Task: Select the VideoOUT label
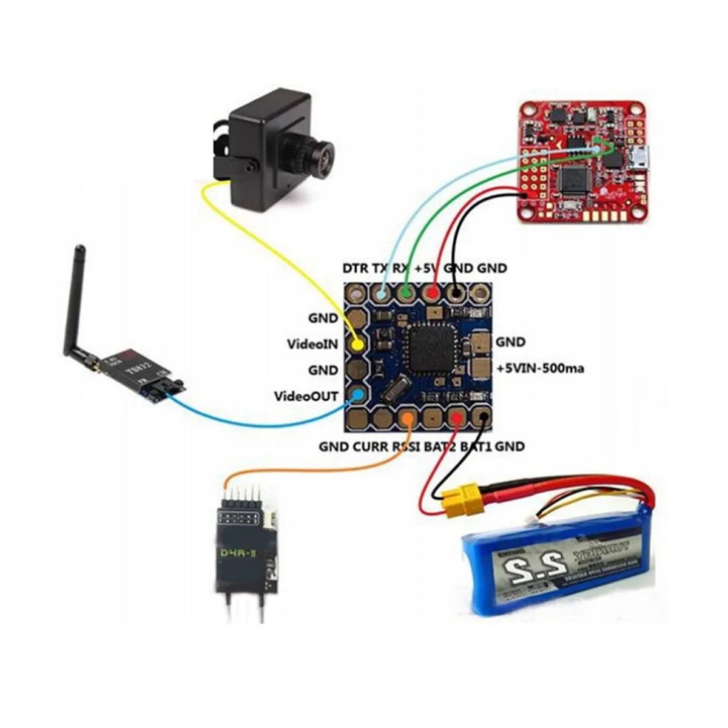tap(306, 396)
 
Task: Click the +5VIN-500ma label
tap(540, 368)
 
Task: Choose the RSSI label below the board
tap(406, 447)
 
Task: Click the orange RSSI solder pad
tap(409, 417)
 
